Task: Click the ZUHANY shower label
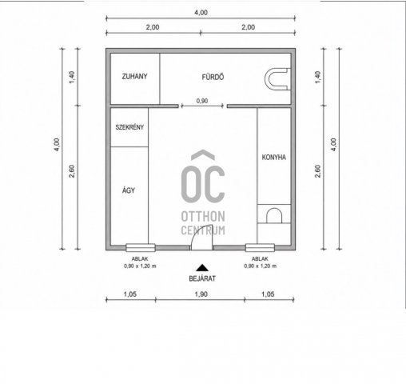coord(134,77)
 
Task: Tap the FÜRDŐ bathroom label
coord(213,77)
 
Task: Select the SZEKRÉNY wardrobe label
coord(129,127)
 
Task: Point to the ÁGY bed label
coord(129,190)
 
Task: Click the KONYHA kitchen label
coord(273,158)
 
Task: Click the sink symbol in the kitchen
coord(274,215)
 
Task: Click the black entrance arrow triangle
coord(202,267)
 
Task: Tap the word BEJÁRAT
coord(202,278)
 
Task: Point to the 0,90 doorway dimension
coord(202,101)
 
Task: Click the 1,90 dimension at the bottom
coord(201,294)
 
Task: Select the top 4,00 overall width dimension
coord(201,13)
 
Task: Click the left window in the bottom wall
coord(141,248)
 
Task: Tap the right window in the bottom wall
coord(260,248)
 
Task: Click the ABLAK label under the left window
coord(140,258)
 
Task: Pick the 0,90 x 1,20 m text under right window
coord(260,266)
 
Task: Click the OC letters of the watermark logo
coord(203,183)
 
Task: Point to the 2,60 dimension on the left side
coord(72,171)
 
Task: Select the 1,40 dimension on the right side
coord(318,77)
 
